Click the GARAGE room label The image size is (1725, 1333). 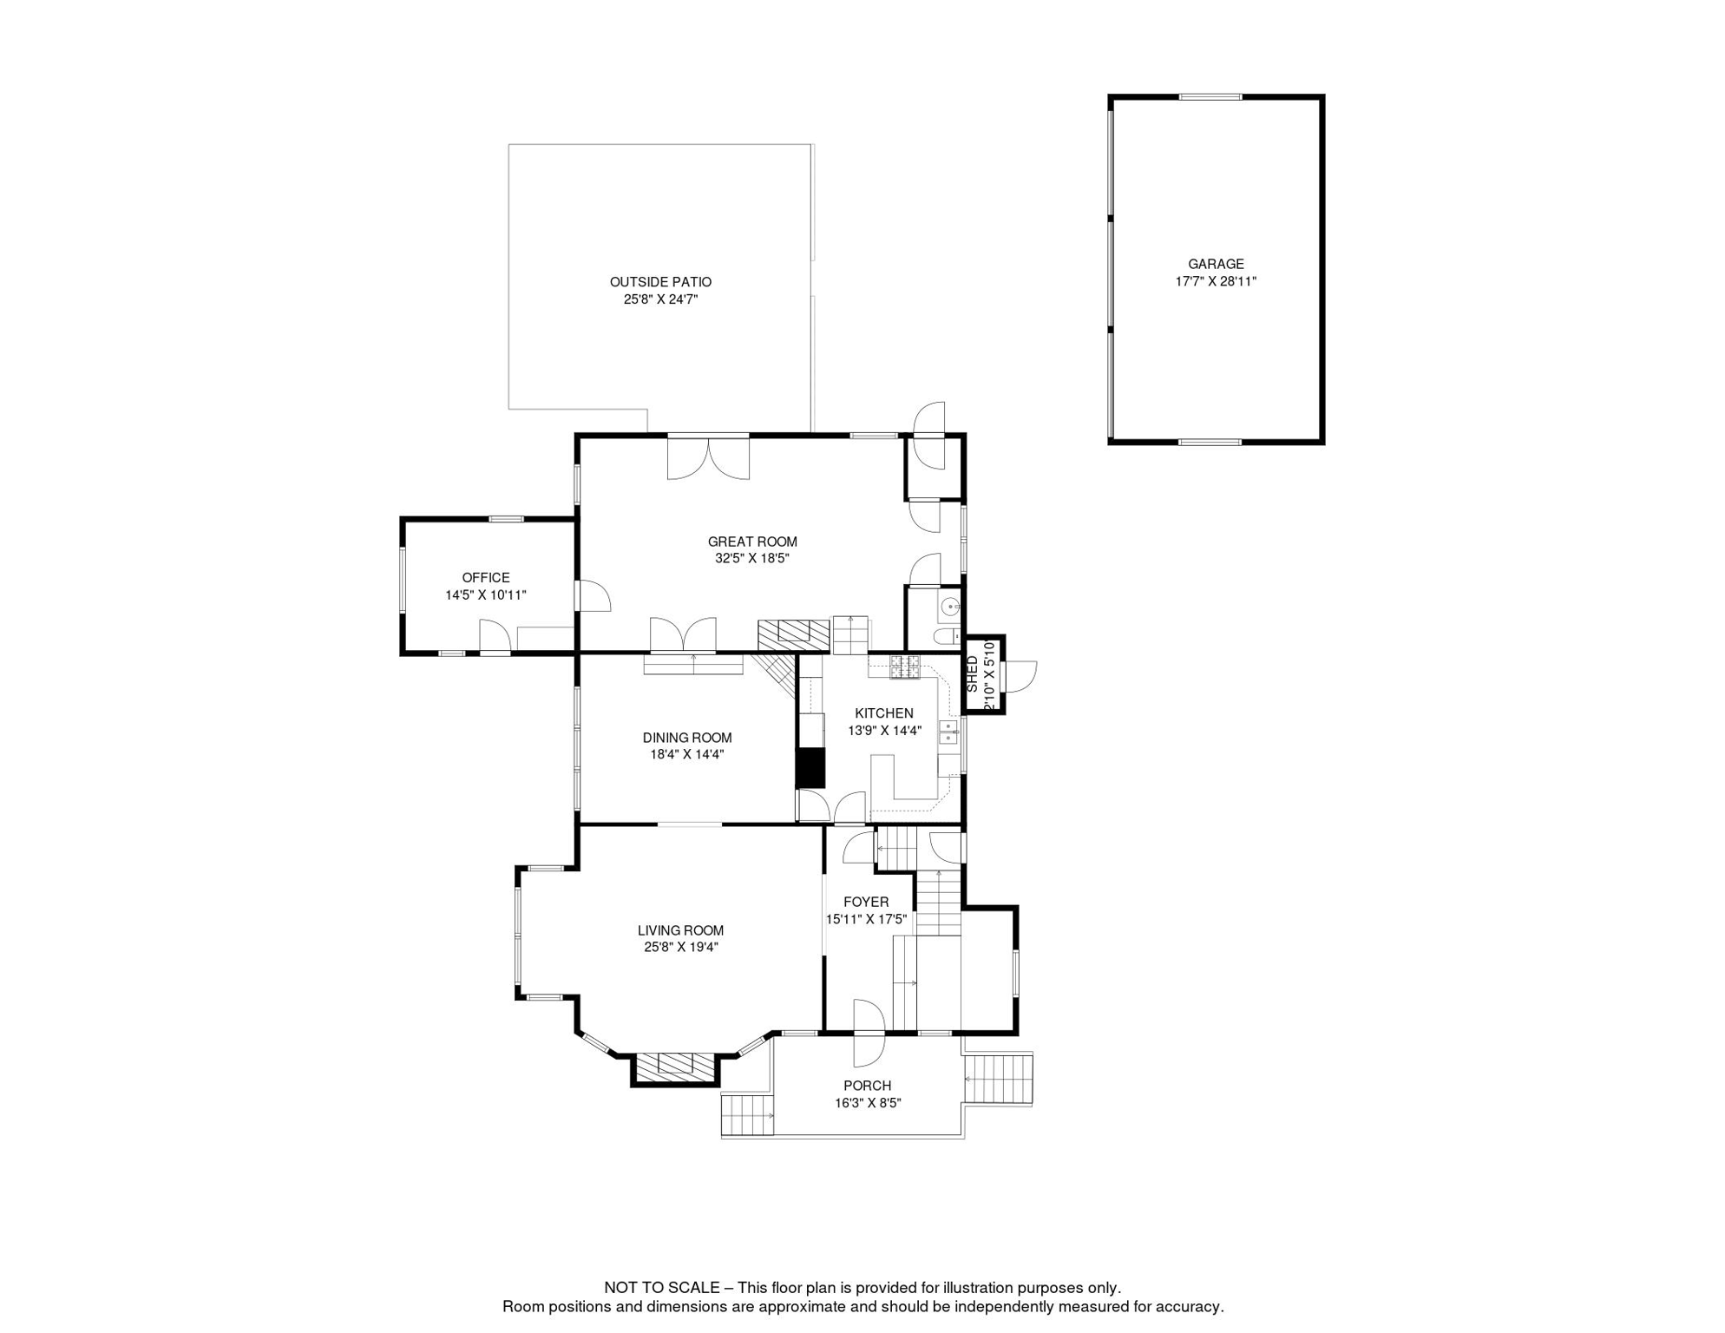(1215, 264)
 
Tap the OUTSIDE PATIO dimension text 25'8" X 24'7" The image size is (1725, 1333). (660, 299)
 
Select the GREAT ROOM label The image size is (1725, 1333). (751, 542)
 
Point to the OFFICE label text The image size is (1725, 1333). (485, 577)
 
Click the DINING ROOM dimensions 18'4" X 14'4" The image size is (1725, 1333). (686, 754)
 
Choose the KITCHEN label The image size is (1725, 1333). (883, 713)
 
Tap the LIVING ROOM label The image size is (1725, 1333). (680, 930)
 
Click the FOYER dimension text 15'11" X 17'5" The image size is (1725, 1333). (865, 919)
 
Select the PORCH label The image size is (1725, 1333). (867, 1086)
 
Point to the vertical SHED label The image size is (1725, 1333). (972, 673)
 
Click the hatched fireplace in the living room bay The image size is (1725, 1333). (675, 1067)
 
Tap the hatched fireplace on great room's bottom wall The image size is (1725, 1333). (793, 634)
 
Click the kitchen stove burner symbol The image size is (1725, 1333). (905, 666)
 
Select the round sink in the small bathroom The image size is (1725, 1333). (951, 607)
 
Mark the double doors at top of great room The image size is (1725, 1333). (708, 457)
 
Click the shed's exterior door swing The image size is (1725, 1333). (1019, 676)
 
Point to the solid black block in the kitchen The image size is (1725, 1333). (810, 767)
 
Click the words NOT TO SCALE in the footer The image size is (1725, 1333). (661, 1288)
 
